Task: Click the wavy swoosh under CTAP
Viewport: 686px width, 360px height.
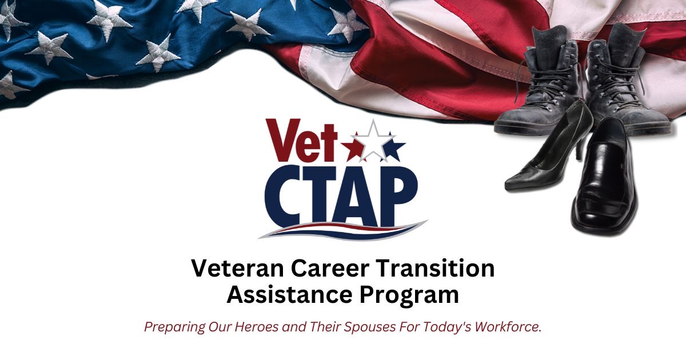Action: (x=343, y=230)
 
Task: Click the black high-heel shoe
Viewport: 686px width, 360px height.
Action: (x=543, y=160)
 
